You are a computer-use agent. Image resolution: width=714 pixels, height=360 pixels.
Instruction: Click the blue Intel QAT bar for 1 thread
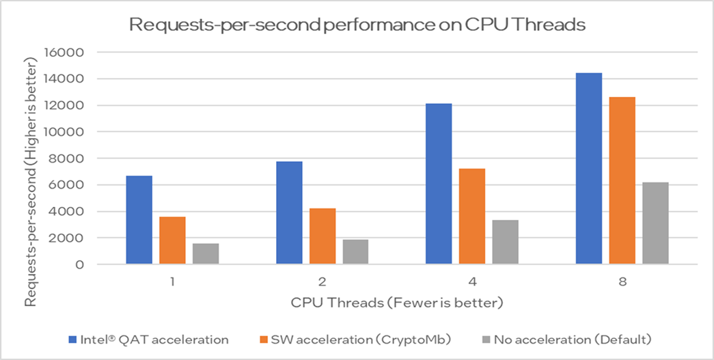(x=140, y=220)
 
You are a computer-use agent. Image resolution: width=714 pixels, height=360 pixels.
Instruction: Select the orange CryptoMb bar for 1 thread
(x=172, y=240)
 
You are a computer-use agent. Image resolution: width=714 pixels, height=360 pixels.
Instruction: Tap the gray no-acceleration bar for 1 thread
(x=205, y=253)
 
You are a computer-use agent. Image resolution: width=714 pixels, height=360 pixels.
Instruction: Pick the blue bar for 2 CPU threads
(x=289, y=213)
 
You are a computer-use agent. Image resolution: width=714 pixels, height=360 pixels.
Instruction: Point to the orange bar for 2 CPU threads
(x=322, y=236)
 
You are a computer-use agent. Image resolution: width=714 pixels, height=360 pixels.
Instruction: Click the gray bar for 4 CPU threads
(x=506, y=242)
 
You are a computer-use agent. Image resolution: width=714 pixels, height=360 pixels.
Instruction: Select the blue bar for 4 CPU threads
(x=439, y=184)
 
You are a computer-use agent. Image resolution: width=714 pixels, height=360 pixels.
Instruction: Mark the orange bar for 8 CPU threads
(x=622, y=180)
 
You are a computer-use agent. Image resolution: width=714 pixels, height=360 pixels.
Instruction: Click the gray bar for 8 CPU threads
(x=655, y=223)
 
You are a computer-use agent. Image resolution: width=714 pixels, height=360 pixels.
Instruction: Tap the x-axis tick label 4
(x=472, y=281)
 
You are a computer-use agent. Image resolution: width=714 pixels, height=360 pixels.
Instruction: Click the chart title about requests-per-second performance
(x=357, y=26)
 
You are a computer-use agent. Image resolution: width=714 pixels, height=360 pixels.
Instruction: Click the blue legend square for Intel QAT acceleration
(x=72, y=339)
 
